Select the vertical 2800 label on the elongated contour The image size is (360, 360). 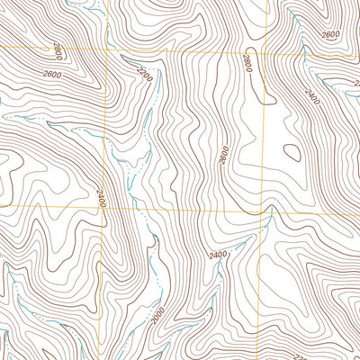point(246,62)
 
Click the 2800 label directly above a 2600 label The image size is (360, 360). point(59,48)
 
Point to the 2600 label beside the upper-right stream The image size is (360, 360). point(329,34)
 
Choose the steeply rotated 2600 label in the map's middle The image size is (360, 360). point(222,155)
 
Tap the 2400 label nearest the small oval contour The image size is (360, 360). point(312,94)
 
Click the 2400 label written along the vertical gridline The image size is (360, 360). point(101,197)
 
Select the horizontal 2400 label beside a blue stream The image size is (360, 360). point(216,256)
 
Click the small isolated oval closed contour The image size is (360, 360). point(292,153)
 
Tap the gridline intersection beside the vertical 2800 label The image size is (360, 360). point(264,50)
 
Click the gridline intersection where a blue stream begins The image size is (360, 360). point(270,207)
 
